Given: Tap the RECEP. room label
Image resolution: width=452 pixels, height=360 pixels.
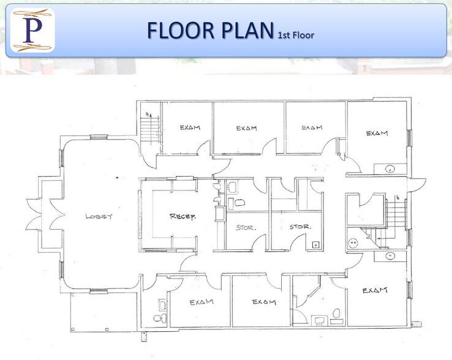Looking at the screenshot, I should coord(183,216).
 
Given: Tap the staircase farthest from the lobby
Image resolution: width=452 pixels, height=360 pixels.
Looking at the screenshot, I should coord(397,212).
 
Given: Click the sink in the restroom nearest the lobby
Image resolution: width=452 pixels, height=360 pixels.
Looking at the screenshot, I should coord(161,304).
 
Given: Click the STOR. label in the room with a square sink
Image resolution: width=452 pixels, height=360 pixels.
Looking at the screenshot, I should coord(300,227).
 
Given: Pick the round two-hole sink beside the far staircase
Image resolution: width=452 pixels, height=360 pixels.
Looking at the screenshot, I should coord(353,242).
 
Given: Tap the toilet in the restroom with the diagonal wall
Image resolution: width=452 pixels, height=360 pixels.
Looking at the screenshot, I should coord(336,314).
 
